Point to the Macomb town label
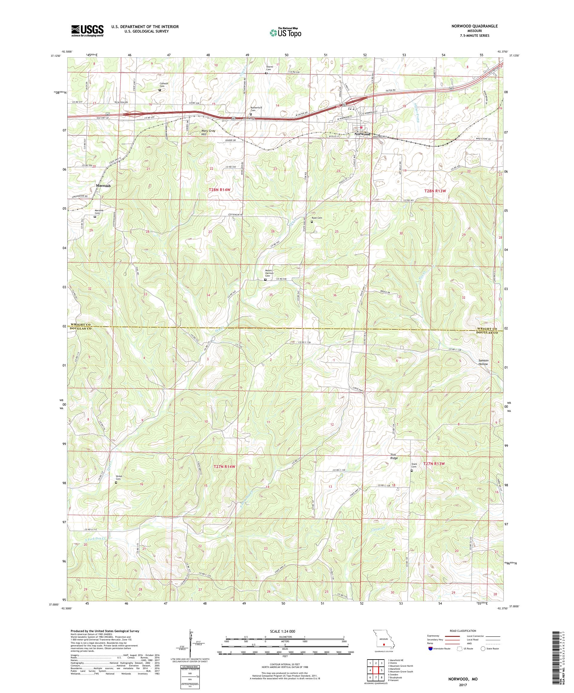pos(103,186)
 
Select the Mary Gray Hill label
pos(208,133)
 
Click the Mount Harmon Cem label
pos(270,273)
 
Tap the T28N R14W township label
pos(219,190)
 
